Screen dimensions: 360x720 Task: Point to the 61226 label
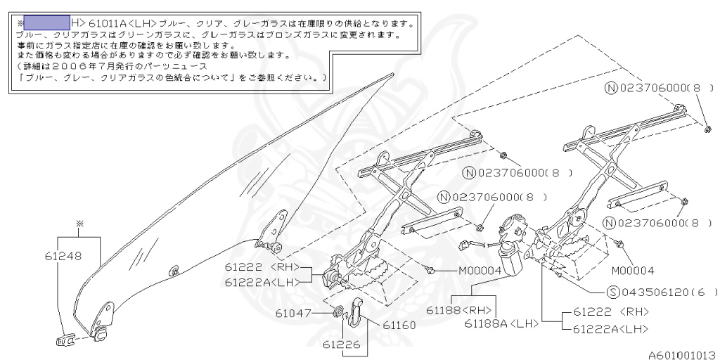click(342, 345)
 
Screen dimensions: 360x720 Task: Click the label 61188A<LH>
click(501, 323)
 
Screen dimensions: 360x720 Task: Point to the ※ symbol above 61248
click(79, 224)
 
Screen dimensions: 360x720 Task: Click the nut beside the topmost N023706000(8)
click(705, 128)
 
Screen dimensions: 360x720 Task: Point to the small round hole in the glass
click(174, 270)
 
